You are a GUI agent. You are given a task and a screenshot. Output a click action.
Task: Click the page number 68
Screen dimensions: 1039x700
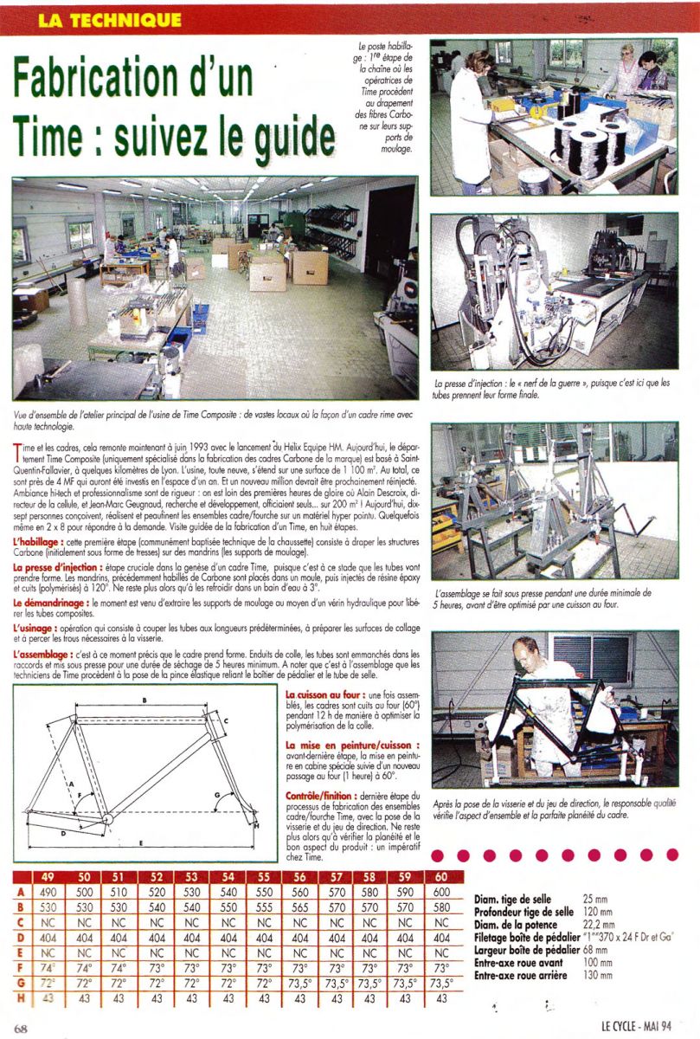(x=22, y=1028)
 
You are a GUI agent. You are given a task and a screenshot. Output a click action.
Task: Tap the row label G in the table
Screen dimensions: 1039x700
(x=20, y=983)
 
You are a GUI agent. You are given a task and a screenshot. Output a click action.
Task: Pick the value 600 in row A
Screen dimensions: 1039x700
(x=441, y=893)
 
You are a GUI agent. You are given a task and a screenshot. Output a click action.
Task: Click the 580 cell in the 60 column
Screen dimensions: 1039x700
(x=441, y=907)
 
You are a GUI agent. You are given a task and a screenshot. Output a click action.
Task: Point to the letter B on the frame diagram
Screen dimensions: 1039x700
(x=144, y=699)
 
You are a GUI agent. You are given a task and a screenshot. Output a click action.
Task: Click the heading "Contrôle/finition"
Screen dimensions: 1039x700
(x=324, y=794)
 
